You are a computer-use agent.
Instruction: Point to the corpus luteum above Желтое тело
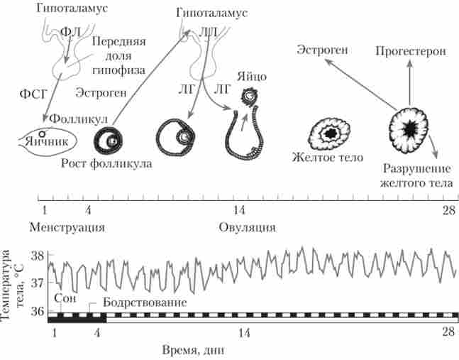click(x=330, y=132)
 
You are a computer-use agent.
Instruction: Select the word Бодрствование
click(x=145, y=302)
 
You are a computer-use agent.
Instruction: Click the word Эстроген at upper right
click(x=323, y=50)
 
